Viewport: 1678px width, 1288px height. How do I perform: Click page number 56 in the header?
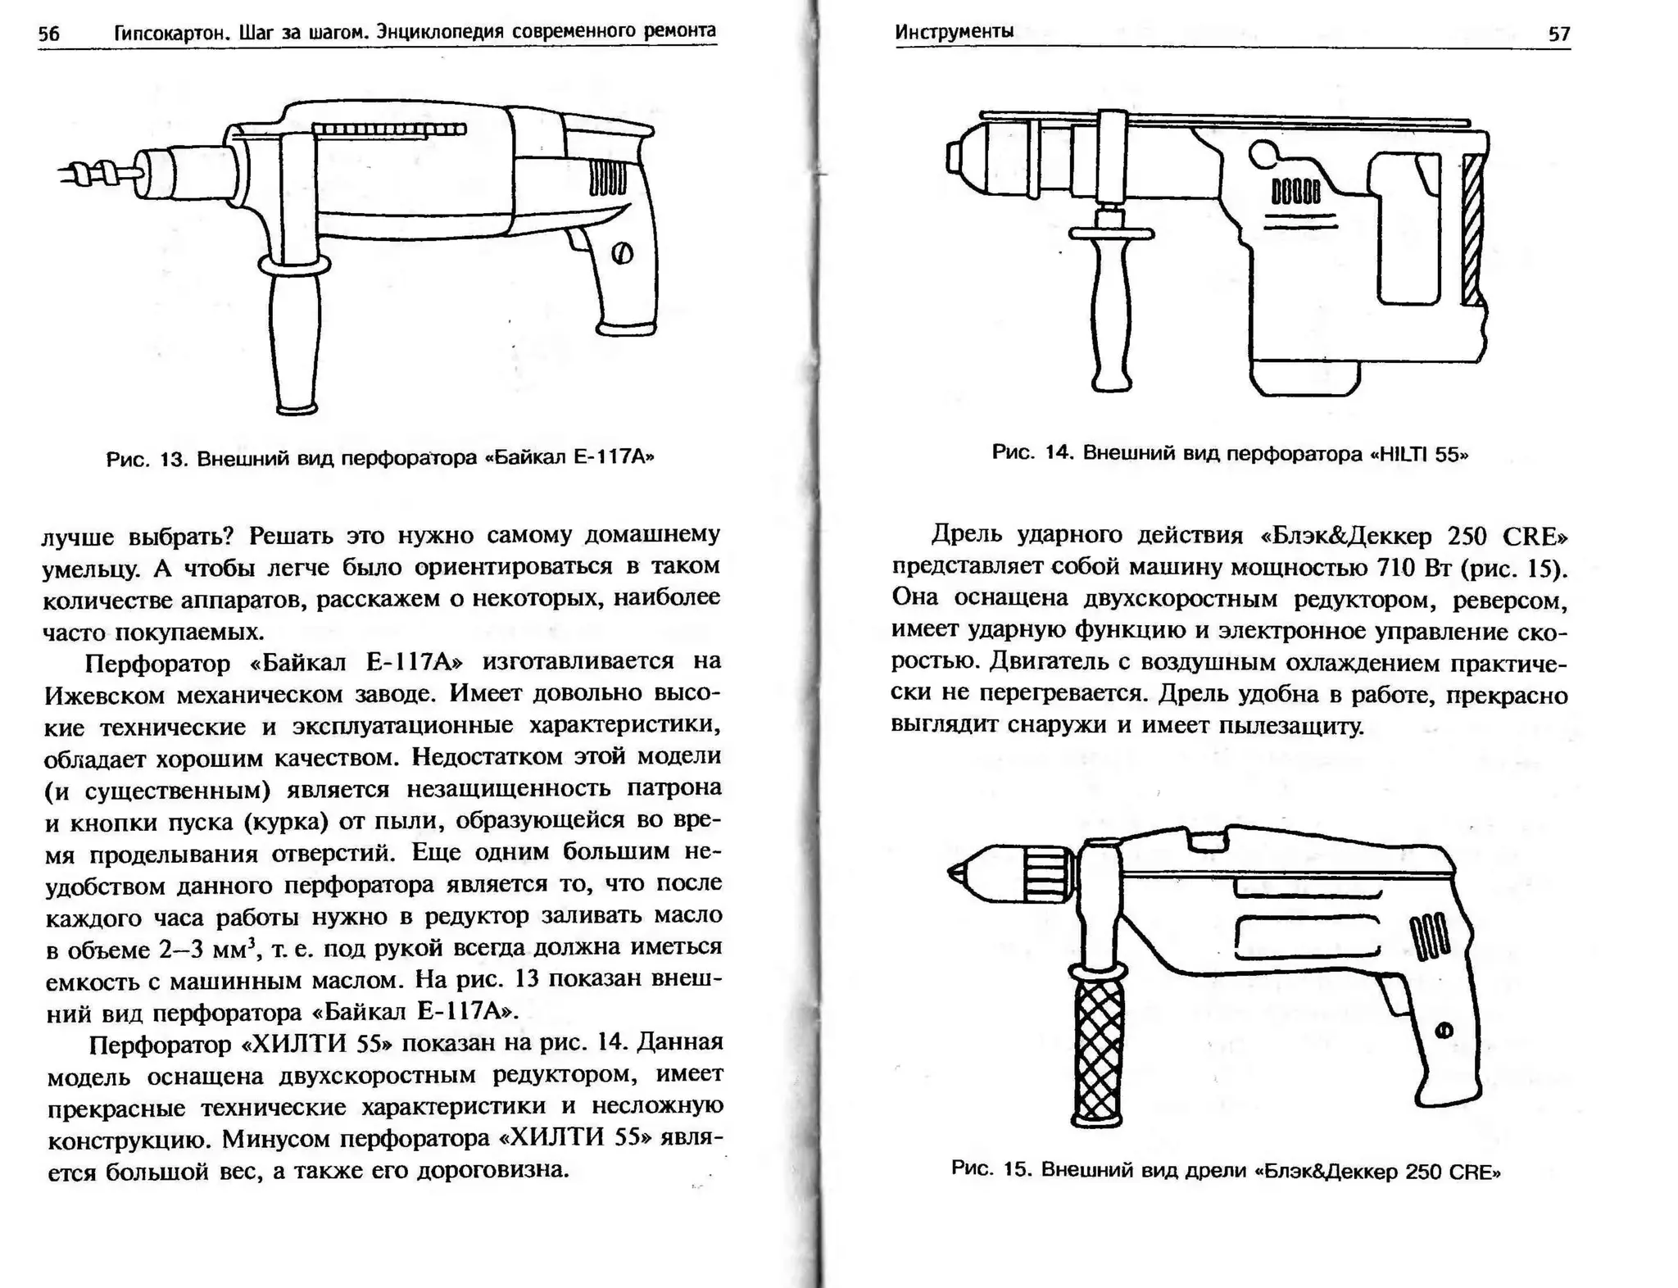click(x=49, y=34)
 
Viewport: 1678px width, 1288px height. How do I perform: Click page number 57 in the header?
click(x=1558, y=34)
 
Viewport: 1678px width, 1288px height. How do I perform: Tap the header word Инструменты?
click(x=954, y=31)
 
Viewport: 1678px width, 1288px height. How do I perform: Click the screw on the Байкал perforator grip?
click(x=622, y=253)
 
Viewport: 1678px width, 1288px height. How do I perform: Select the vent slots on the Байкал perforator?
click(x=607, y=177)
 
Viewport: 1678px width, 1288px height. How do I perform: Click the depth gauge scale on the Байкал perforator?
click(x=389, y=129)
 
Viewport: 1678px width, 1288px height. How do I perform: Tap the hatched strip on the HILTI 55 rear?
click(x=1472, y=229)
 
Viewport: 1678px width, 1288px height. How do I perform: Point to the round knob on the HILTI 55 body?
click(x=1263, y=153)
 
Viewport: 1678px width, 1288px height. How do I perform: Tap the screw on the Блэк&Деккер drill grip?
click(x=1444, y=1030)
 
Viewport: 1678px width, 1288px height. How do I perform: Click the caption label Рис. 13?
click(x=147, y=458)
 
